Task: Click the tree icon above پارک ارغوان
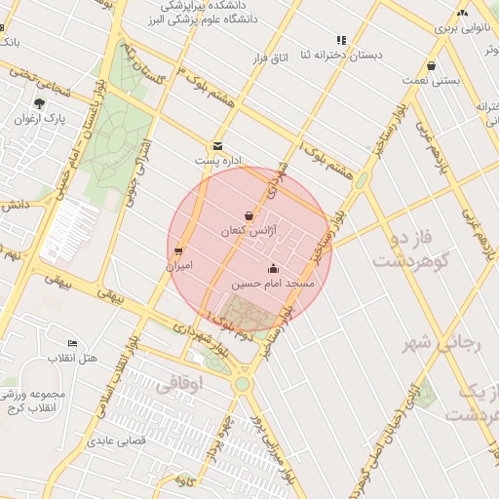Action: (39, 102)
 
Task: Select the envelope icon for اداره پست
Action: (217, 145)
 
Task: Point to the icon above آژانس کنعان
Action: (249, 215)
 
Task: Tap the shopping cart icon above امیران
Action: (178, 250)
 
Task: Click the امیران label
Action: (178, 265)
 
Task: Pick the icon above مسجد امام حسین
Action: (273, 269)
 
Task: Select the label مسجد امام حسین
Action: (273, 284)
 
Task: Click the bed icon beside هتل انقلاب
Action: (71, 344)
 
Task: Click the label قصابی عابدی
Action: (117, 441)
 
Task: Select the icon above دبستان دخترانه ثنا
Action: (341, 40)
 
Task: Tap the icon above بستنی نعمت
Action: (431, 66)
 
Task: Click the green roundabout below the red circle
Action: (241, 384)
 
